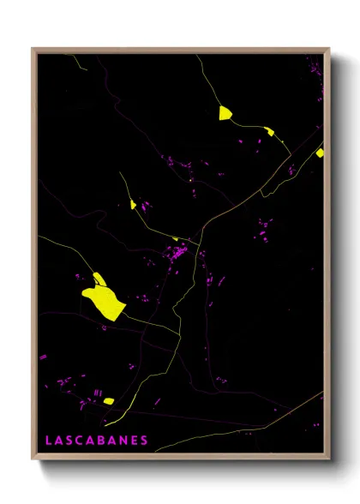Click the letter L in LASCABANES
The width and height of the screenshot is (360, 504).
pos(48,440)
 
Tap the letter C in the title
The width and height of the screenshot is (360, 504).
pos(82,440)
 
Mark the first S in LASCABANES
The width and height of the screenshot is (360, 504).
pos(71,440)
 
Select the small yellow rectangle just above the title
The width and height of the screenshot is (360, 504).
pos(108,400)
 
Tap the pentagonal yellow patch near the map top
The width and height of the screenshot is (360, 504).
pos(225,113)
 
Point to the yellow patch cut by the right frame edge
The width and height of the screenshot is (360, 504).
pos(320,153)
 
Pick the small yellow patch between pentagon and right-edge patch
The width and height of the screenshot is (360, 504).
pos(269,131)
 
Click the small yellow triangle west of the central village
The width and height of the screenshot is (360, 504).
pos(133,205)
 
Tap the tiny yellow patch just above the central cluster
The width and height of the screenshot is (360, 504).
pos(176,239)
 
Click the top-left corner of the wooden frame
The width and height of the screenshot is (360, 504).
pos(33,49)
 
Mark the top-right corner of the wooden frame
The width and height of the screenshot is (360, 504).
pos(329,49)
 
